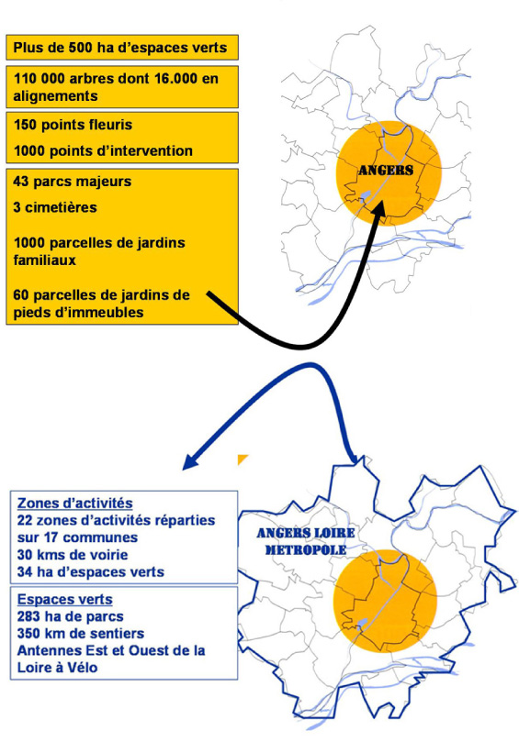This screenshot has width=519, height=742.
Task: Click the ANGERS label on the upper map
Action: (385, 171)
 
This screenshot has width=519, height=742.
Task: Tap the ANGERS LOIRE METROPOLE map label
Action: (306, 541)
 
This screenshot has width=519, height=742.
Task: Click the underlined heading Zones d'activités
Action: (75, 503)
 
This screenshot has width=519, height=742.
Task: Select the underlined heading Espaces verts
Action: (65, 599)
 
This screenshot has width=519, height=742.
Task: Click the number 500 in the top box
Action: (81, 48)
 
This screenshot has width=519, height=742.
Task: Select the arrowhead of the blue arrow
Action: (191, 462)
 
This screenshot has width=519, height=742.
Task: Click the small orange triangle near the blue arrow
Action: (242, 459)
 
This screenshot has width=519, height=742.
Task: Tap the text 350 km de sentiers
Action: (81, 634)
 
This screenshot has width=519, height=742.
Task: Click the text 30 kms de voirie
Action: (73, 555)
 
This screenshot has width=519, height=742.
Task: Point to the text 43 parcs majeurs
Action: (73, 182)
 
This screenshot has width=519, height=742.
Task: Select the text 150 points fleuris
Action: (73, 125)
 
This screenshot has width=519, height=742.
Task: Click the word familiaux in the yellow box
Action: (45, 260)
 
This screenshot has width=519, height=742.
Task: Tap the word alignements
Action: (55, 96)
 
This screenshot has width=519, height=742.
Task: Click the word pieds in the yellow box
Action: (31, 313)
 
